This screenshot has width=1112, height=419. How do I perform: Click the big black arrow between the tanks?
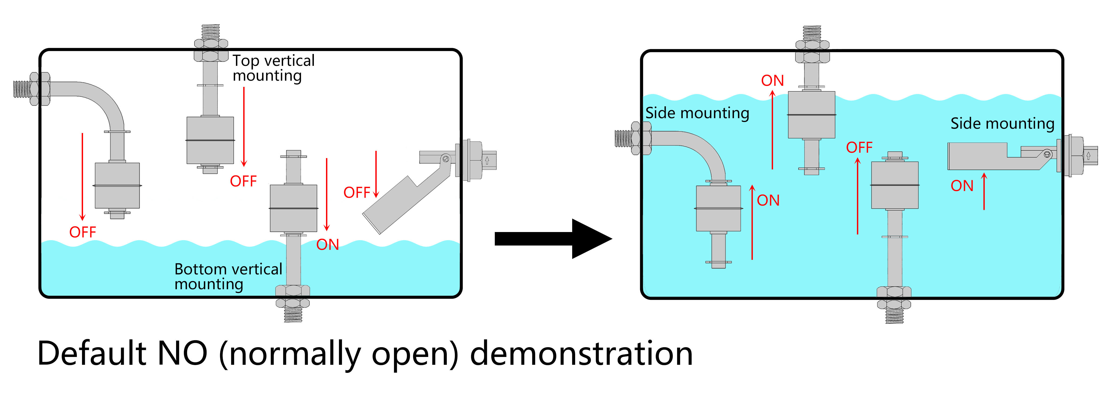[x=553, y=239]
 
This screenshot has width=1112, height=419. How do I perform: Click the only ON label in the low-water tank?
[x=328, y=244]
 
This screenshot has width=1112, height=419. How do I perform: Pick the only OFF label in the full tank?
[x=859, y=147]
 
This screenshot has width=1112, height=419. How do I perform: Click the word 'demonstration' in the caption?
[x=581, y=353]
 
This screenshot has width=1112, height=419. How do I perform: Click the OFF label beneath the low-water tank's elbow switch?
[x=83, y=232]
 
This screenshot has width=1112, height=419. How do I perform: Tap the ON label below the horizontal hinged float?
[x=962, y=186]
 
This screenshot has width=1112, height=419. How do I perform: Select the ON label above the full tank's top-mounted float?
[x=772, y=80]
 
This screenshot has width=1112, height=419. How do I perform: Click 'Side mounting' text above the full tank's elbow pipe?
[x=697, y=113]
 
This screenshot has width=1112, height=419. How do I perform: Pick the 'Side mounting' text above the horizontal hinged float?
[x=1002, y=124]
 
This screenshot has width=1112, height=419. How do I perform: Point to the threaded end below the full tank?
[x=894, y=316]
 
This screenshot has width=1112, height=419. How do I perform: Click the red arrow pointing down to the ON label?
[x=327, y=194]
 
